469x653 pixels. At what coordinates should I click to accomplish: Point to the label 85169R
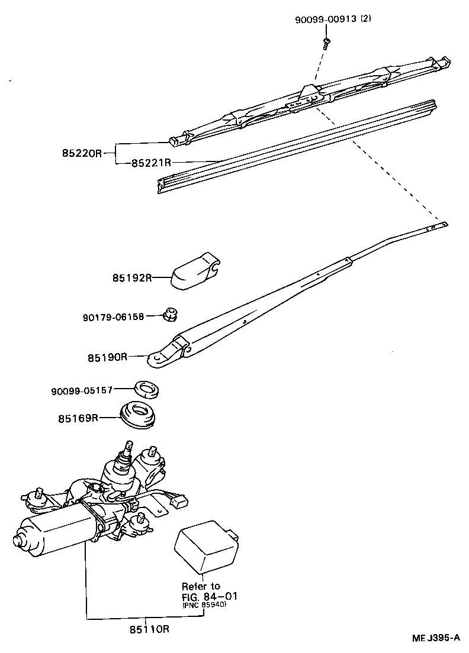tap(78, 418)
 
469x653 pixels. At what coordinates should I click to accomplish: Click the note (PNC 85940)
tap(204, 604)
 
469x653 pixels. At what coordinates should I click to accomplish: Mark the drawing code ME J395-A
tap(436, 638)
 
